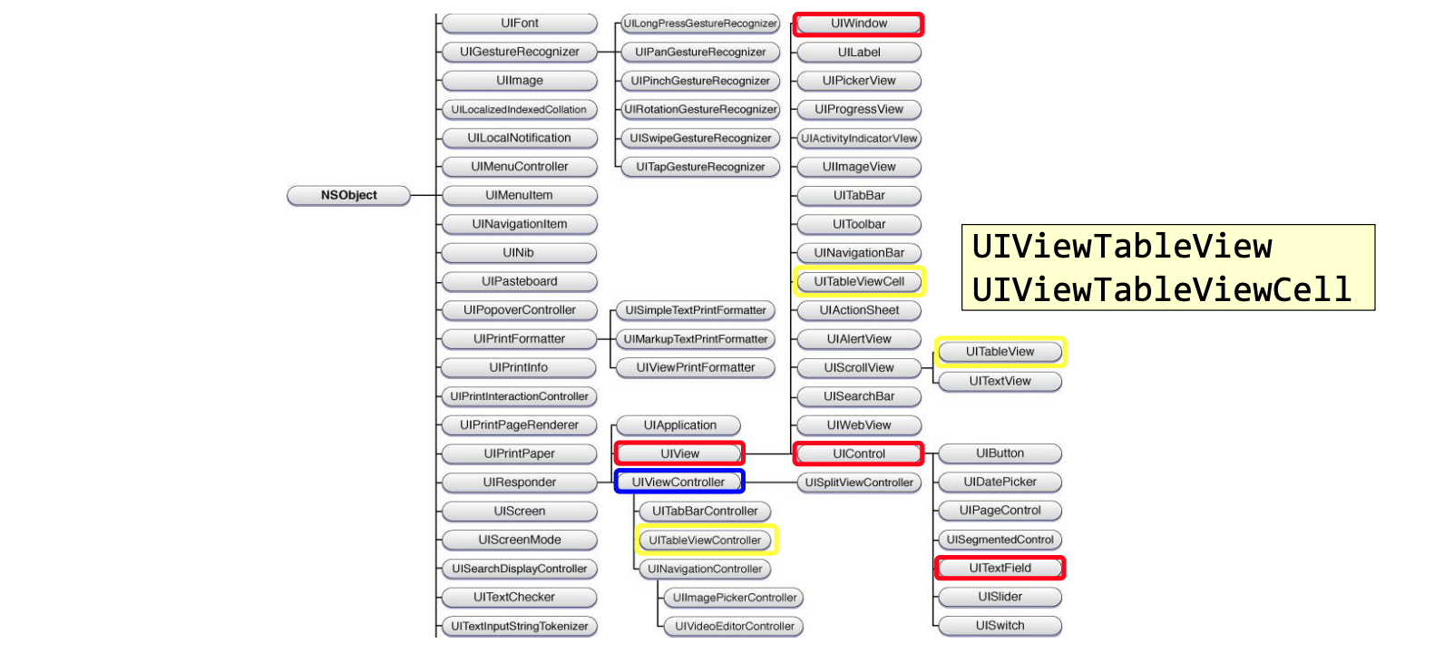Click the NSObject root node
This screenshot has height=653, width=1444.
click(348, 195)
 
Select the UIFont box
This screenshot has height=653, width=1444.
click(519, 24)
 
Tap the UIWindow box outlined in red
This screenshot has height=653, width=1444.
click(858, 24)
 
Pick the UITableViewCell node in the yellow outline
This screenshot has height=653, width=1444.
click(858, 281)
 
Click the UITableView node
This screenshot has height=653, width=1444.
click(1000, 352)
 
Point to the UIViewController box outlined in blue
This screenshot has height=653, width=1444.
click(678, 482)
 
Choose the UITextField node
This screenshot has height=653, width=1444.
click(1000, 568)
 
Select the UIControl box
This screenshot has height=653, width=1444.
click(858, 453)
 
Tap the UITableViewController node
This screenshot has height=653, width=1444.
click(705, 540)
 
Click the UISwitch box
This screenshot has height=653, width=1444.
click(1000, 626)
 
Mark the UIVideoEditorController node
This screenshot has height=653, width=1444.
click(734, 626)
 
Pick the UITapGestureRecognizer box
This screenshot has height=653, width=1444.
click(700, 167)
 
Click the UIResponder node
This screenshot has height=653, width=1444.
click(519, 482)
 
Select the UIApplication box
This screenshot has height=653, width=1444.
click(679, 425)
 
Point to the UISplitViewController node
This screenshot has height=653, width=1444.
click(858, 482)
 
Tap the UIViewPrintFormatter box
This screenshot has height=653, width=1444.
click(695, 367)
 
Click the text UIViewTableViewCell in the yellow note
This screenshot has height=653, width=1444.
click(1161, 289)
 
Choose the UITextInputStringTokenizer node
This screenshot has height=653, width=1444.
click(519, 626)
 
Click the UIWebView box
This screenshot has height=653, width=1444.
click(858, 425)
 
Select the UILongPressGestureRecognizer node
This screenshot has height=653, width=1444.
click(700, 24)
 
